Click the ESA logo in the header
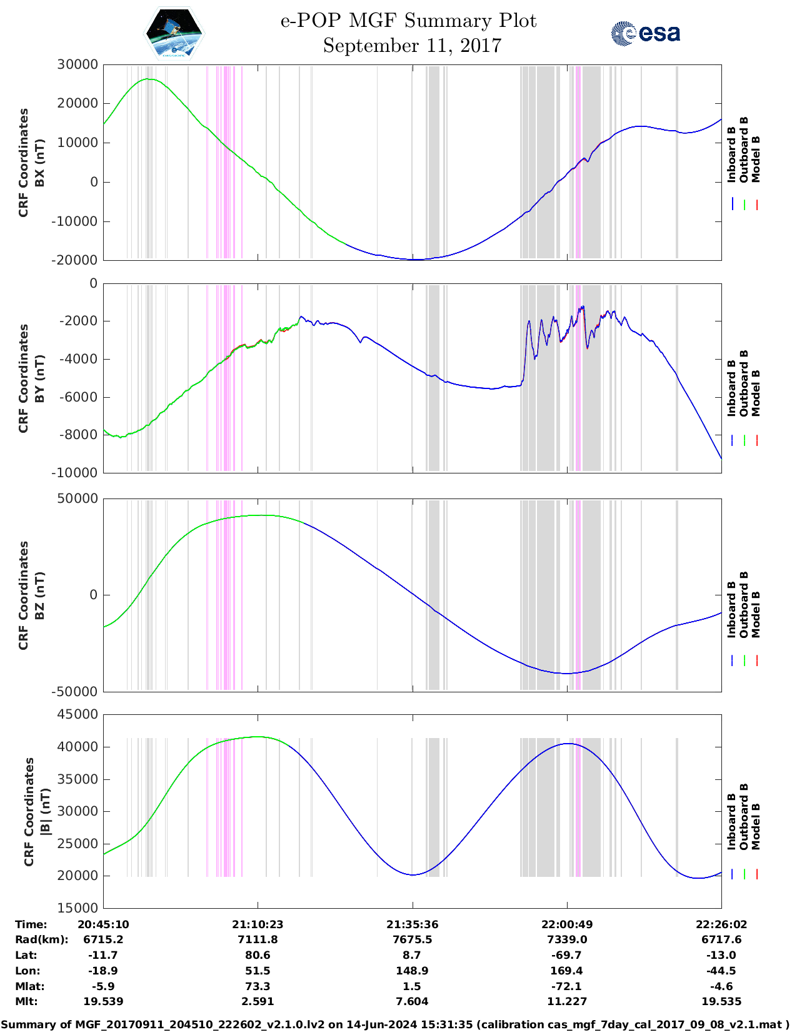(x=645, y=33)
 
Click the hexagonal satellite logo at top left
(x=174, y=33)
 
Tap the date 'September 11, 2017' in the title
(x=412, y=46)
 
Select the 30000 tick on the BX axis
(x=77, y=64)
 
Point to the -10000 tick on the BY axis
(x=77, y=473)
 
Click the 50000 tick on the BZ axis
(x=77, y=498)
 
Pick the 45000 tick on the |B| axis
(x=77, y=714)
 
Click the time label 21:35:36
(x=412, y=924)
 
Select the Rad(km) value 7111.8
(x=258, y=939)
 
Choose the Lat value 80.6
(x=258, y=955)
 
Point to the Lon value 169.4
(x=566, y=971)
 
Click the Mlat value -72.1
(x=566, y=986)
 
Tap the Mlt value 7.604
(x=412, y=1001)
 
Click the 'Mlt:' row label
(x=26, y=1001)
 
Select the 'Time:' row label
(x=31, y=924)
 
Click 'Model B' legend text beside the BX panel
(x=756, y=159)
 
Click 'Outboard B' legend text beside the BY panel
(x=744, y=383)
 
